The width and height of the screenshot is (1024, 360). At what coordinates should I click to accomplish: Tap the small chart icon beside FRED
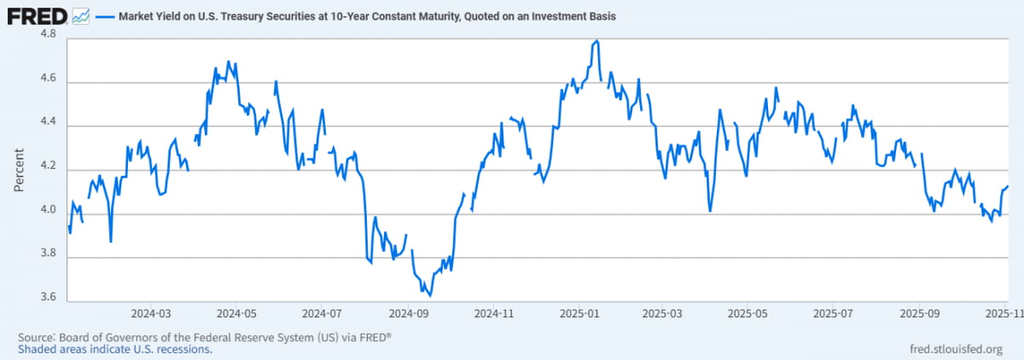[81, 15]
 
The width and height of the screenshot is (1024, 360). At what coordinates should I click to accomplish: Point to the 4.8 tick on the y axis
[48, 35]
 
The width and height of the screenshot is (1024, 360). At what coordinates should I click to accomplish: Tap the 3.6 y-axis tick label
[48, 299]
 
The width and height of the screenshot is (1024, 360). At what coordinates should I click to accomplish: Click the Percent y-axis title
[18, 168]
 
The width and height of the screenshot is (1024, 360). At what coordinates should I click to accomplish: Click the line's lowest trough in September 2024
[429, 295]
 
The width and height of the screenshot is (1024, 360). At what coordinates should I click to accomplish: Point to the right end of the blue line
[1008, 186]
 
